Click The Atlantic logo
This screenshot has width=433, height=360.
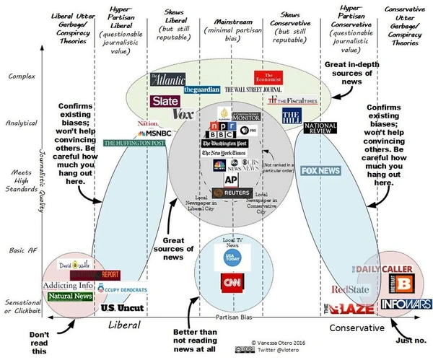point(167,80)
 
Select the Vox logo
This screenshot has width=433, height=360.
point(183,114)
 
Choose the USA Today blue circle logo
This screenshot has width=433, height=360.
point(231,258)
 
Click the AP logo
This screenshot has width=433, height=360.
point(231,180)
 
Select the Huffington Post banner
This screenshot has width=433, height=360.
point(134,143)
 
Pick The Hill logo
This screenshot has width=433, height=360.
point(290,116)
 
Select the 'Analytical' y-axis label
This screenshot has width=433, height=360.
point(23,123)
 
